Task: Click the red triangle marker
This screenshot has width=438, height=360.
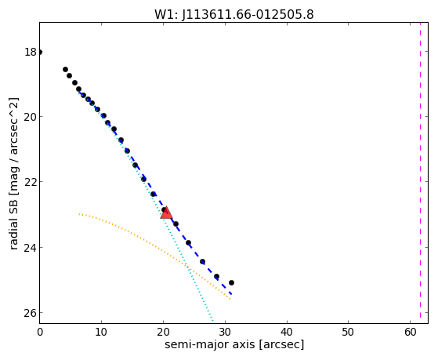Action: coord(166,213)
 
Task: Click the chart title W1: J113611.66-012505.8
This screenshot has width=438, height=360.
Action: coord(234,14)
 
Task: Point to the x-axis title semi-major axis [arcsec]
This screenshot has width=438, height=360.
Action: coord(234,344)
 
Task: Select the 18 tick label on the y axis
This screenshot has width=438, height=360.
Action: coord(31,52)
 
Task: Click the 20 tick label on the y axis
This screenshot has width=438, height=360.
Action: coord(31,117)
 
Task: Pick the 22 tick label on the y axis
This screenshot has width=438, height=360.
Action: coord(31,182)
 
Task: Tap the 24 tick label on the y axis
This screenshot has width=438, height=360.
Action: coord(31,248)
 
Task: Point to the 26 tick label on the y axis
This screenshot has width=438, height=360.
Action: coord(31,313)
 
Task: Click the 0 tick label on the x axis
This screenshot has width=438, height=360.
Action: coord(40,333)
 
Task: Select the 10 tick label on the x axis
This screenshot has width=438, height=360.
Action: coord(101,333)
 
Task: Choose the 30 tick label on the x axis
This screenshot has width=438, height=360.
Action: coord(225,333)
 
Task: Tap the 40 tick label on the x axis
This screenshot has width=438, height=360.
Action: coord(287,333)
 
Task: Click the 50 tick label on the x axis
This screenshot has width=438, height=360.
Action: coord(349,333)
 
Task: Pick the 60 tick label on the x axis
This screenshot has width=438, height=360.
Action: coord(411,333)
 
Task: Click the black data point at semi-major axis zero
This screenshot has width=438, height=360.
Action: coord(40,52)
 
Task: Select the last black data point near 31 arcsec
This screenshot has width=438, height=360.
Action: coord(231,283)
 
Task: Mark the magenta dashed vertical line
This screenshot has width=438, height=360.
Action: coord(420,173)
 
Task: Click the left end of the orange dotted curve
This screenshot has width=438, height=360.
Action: coord(79,214)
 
